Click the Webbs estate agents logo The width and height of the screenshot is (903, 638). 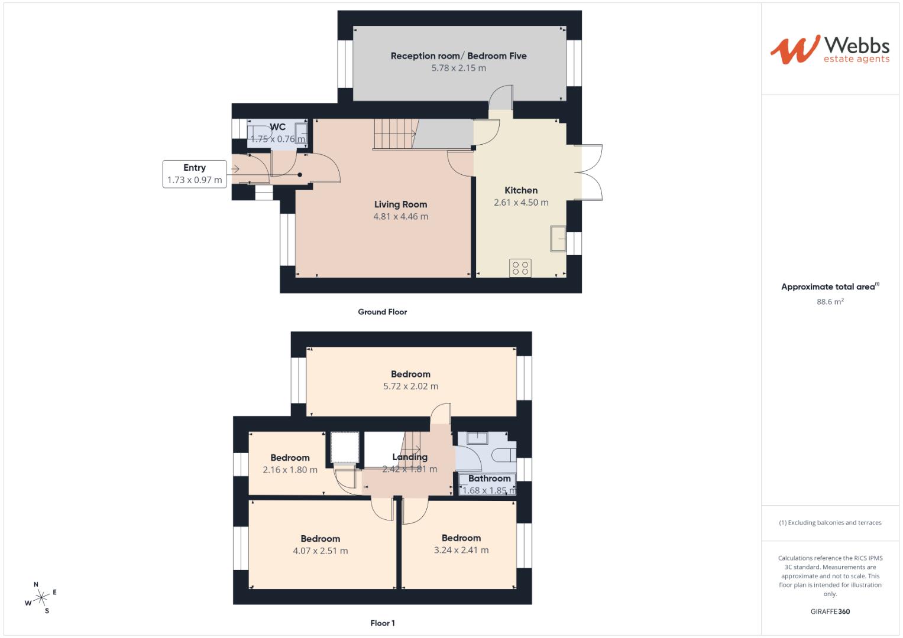[x=829, y=49]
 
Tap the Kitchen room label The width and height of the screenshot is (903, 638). [x=520, y=190]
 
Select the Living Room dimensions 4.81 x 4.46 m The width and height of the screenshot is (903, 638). [x=400, y=217]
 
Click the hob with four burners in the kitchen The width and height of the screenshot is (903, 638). [x=520, y=268]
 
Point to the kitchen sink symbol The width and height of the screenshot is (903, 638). [x=557, y=237]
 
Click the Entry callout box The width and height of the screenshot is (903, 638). [x=195, y=174]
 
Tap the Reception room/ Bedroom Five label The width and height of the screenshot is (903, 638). [x=458, y=56]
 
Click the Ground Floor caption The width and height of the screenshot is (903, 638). [x=382, y=312]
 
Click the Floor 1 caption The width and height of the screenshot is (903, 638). [x=382, y=623]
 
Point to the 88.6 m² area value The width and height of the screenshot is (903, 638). [x=830, y=302]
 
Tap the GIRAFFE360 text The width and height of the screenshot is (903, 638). [x=830, y=611]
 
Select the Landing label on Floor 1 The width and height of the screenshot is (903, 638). [x=409, y=457]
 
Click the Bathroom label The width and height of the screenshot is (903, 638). [x=489, y=479]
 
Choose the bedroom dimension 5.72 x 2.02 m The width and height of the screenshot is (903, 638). [x=410, y=386]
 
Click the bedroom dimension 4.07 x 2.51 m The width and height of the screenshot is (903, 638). [x=320, y=551]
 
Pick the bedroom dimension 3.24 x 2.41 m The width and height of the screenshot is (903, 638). [x=461, y=550]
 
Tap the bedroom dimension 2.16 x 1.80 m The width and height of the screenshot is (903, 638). [x=290, y=470]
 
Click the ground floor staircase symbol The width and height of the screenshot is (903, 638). [x=393, y=134]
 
